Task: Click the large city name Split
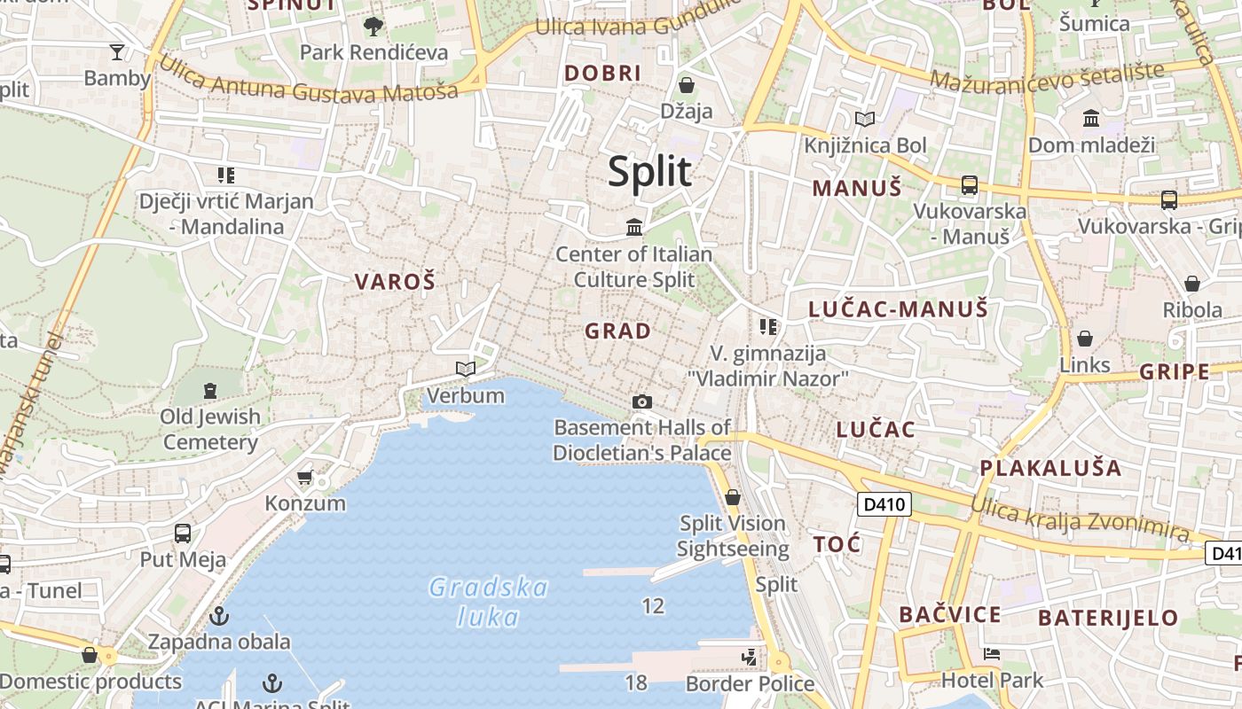649,171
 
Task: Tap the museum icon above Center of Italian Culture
634,228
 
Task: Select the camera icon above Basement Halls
642,402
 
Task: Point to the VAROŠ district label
396,283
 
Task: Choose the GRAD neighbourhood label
618,331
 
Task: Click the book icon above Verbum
465,369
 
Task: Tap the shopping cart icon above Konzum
305,478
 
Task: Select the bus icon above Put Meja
183,534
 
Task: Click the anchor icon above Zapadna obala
219,615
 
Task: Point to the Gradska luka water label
488,601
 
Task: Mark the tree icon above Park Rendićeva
373,27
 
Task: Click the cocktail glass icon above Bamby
117,51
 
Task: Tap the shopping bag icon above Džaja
687,85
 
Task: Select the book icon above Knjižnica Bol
865,119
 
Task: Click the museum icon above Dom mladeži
1091,118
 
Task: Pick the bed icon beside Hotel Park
992,654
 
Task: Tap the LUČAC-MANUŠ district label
898,309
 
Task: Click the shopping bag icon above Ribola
1192,284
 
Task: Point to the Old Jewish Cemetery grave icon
210,390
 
